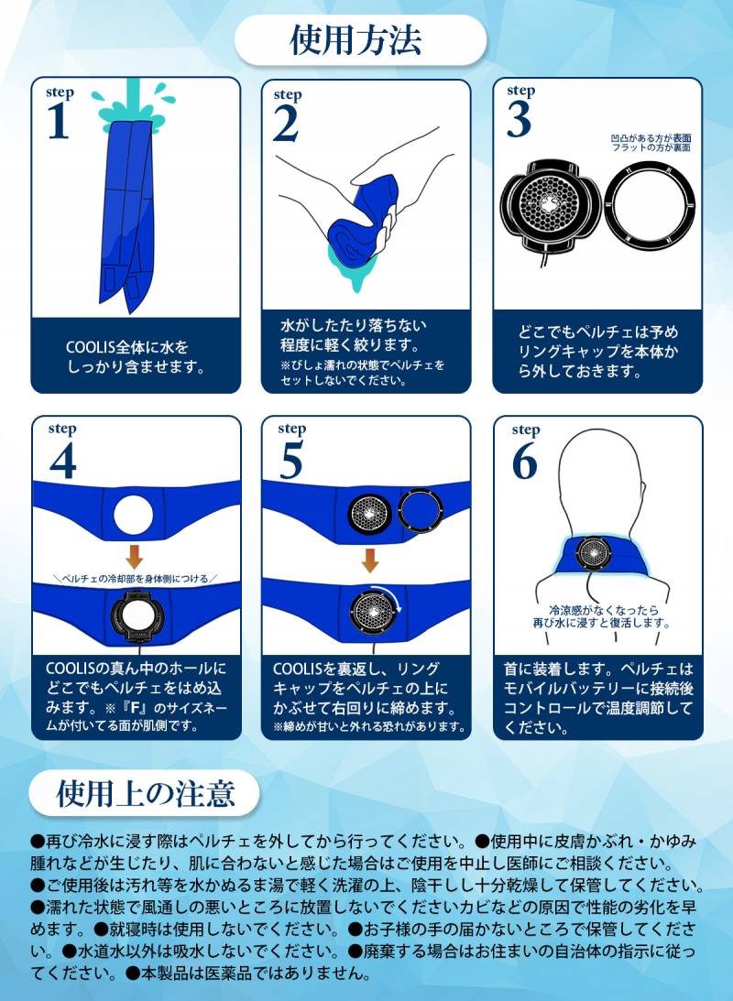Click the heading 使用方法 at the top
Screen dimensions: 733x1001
click(x=356, y=40)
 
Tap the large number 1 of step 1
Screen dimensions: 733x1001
click(x=59, y=120)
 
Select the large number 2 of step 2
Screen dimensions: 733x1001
click(x=286, y=124)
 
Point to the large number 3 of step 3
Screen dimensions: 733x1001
click(x=520, y=119)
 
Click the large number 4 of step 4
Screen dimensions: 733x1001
click(x=63, y=461)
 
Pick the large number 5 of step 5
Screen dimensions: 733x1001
click(x=291, y=460)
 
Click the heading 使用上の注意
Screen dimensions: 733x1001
click(x=147, y=793)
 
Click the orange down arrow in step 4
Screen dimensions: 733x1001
click(x=134, y=557)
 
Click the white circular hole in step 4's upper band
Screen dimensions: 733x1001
click(x=134, y=515)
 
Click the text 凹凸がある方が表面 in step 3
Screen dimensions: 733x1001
click(x=651, y=138)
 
